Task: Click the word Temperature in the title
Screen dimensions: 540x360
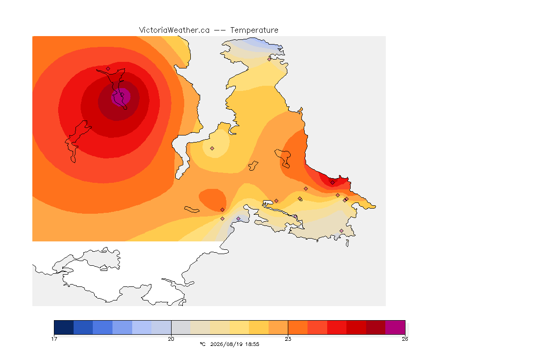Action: point(254,30)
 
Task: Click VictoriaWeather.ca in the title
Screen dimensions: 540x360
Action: point(174,30)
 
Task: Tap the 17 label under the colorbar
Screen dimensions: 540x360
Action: point(54,339)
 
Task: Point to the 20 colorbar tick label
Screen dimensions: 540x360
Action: point(171,339)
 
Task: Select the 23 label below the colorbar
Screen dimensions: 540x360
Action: point(288,339)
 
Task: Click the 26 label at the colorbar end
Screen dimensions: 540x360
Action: point(405,339)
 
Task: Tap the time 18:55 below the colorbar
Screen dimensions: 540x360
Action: point(252,344)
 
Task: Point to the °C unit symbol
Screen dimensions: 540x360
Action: point(202,344)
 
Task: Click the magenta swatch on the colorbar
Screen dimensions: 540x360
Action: point(395,327)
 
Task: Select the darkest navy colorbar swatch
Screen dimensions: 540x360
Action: point(64,327)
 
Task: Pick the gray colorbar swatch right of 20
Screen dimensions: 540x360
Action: point(181,327)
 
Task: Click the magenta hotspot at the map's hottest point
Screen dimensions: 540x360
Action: point(121,97)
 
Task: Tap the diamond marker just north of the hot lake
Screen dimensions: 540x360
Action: point(108,68)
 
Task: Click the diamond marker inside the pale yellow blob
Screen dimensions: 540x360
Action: point(212,149)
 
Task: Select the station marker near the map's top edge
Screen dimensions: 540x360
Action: point(270,59)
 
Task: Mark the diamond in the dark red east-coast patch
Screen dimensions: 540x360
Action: point(332,183)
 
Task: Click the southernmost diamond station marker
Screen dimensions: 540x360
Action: point(341,231)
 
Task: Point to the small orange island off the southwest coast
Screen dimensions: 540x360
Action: point(192,210)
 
